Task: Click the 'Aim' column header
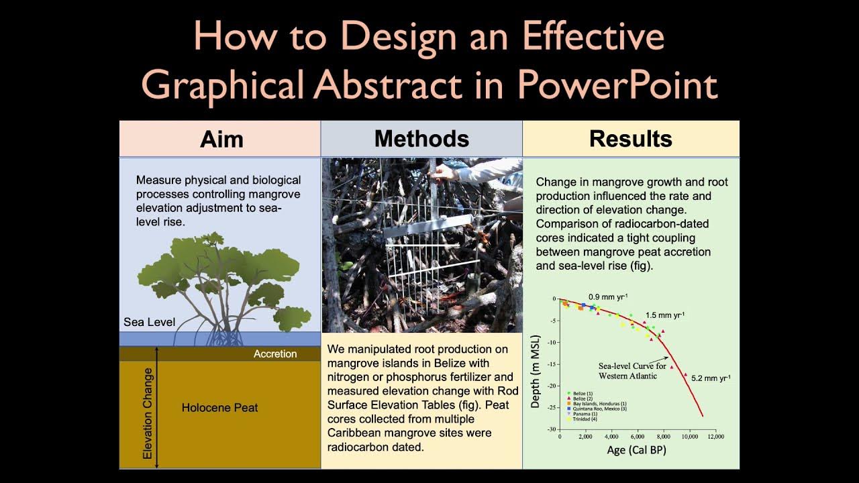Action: (221, 140)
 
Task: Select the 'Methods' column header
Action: (421, 139)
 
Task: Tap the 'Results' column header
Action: (630, 139)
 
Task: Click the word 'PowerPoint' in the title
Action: (617, 85)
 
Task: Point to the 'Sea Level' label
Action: (149, 322)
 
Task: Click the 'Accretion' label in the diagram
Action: (275, 354)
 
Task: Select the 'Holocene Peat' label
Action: (219, 407)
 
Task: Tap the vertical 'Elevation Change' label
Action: (148, 413)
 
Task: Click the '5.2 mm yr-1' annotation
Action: (711, 378)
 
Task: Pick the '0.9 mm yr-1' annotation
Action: (608, 297)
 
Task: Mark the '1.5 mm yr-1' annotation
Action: (665, 315)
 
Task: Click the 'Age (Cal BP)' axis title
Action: (636, 450)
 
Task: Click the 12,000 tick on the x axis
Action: (715, 436)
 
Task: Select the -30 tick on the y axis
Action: (552, 429)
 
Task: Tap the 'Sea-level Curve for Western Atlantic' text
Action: (632, 371)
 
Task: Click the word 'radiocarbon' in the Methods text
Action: (360, 447)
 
